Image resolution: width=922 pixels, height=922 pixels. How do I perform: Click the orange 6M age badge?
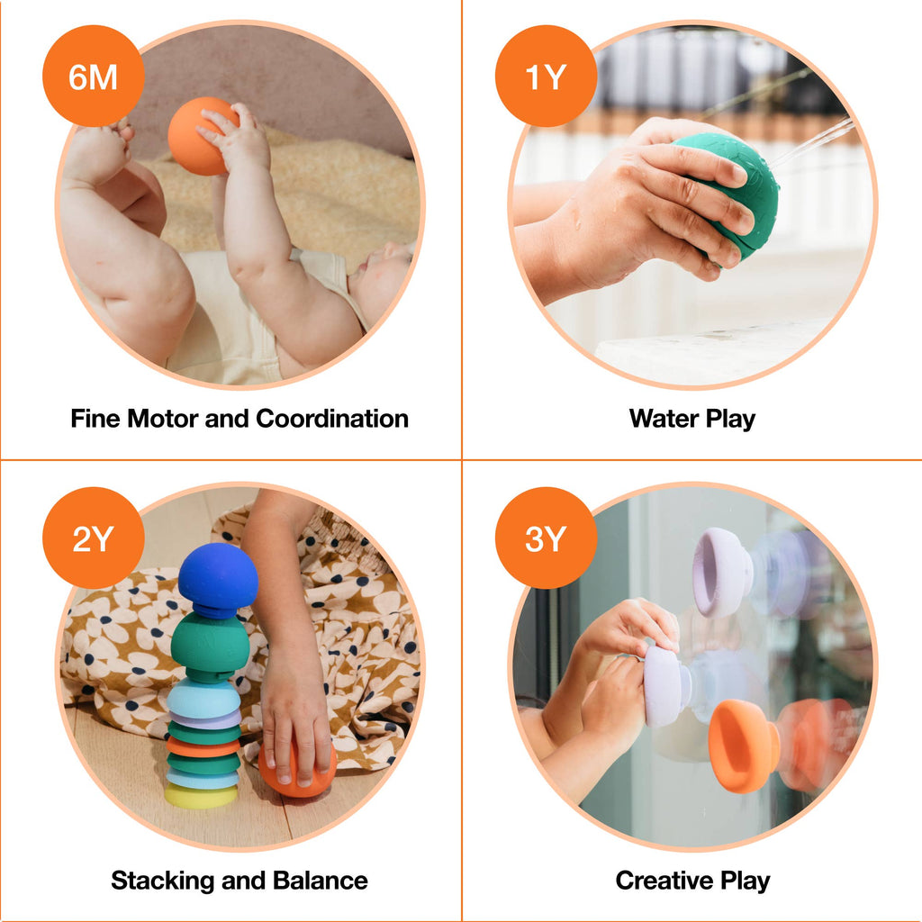pos(93,76)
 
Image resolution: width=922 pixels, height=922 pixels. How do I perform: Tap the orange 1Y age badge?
pos(546,76)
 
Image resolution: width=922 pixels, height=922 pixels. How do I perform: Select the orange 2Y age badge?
pos(93,538)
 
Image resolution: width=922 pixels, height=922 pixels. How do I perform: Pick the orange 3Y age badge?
pos(546,538)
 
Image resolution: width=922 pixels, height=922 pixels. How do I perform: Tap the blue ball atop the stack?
pos(218,579)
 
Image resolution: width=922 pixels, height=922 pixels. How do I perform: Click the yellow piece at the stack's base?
pos(201,796)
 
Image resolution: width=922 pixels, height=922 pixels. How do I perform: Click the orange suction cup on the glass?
pos(743,746)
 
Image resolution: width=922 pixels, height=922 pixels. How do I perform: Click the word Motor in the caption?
pos(163,419)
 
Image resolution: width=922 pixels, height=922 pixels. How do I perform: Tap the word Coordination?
pos(332,419)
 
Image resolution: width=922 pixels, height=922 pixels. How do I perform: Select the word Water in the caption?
pos(664,419)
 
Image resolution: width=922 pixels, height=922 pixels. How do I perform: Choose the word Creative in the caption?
pos(664,881)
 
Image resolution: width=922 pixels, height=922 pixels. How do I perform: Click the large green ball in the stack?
pos(211,644)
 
